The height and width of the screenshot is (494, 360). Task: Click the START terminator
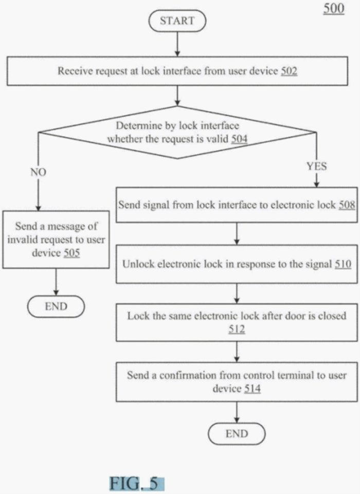tap(177, 21)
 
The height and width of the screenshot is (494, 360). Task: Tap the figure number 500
tap(334, 9)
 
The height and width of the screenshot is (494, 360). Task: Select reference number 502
tap(289, 71)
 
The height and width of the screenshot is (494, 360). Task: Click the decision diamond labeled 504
tap(177, 133)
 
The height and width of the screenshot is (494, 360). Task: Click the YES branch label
tap(316, 167)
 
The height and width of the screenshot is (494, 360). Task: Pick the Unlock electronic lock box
tap(237, 264)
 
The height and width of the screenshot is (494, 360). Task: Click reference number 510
tap(343, 264)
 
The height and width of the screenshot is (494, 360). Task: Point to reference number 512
tap(237, 329)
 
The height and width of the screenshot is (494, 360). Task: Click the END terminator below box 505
tap(56, 307)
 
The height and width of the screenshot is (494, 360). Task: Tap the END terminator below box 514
tap(237, 434)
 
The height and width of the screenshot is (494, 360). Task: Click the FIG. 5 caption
tap(136, 484)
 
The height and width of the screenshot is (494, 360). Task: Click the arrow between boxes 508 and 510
tap(237, 234)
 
